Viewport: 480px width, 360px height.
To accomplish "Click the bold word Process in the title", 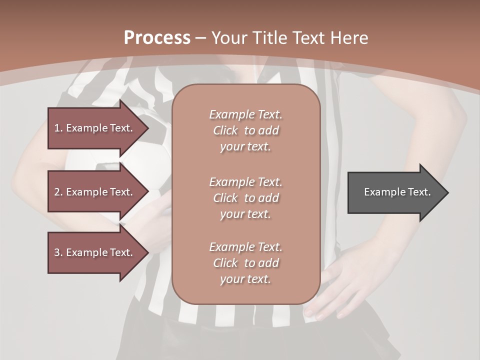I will (x=157, y=38).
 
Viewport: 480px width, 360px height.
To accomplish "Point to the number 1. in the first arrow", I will (x=58, y=128).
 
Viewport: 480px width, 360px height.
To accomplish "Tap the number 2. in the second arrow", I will (x=58, y=192).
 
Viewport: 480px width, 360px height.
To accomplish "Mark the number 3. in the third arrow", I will (x=58, y=252).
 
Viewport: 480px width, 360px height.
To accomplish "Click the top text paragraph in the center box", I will (x=245, y=130).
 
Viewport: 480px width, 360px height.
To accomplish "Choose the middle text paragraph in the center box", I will (x=245, y=197).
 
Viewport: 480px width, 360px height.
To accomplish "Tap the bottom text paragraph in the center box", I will (x=245, y=263).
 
